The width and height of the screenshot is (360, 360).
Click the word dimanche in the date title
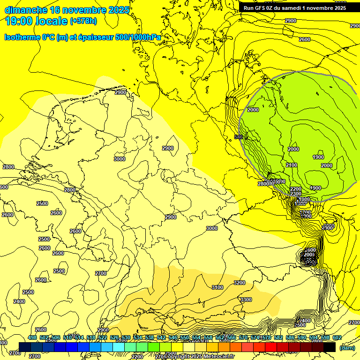(26, 10)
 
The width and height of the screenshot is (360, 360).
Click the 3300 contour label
(246, 300)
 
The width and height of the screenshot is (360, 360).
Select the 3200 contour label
(240, 283)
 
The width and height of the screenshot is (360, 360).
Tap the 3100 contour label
(217, 287)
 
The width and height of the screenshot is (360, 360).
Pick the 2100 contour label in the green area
(291, 165)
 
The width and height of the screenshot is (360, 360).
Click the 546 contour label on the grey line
(239, 137)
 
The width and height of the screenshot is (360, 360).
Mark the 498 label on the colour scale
(32, 338)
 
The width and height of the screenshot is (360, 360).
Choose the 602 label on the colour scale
(337, 338)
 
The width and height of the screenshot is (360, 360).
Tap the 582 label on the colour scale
(278, 338)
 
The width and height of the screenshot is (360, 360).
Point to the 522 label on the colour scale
(103, 338)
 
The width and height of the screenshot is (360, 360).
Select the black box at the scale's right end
(330, 347)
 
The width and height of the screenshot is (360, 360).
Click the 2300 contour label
(295, 194)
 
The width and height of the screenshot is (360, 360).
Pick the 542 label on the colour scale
(161, 338)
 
